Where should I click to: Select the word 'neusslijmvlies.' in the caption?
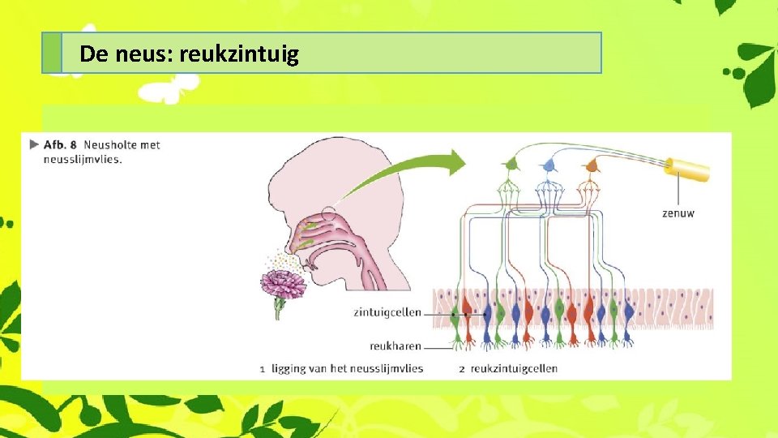[83, 159]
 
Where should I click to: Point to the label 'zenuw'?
[678, 213]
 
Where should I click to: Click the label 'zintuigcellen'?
[387, 311]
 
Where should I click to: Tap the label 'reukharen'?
[395, 345]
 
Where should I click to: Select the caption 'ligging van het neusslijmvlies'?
[353, 368]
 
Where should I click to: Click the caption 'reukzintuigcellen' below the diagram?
[514, 368]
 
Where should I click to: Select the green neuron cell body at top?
[511, 165]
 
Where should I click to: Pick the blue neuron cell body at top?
[550, 165]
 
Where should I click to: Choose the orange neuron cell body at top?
[591, 165]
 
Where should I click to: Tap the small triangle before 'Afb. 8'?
[33, 145]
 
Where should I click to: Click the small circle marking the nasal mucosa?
[327, 215]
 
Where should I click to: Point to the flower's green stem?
[279, 308]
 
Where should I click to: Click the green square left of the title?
[52, 54]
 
